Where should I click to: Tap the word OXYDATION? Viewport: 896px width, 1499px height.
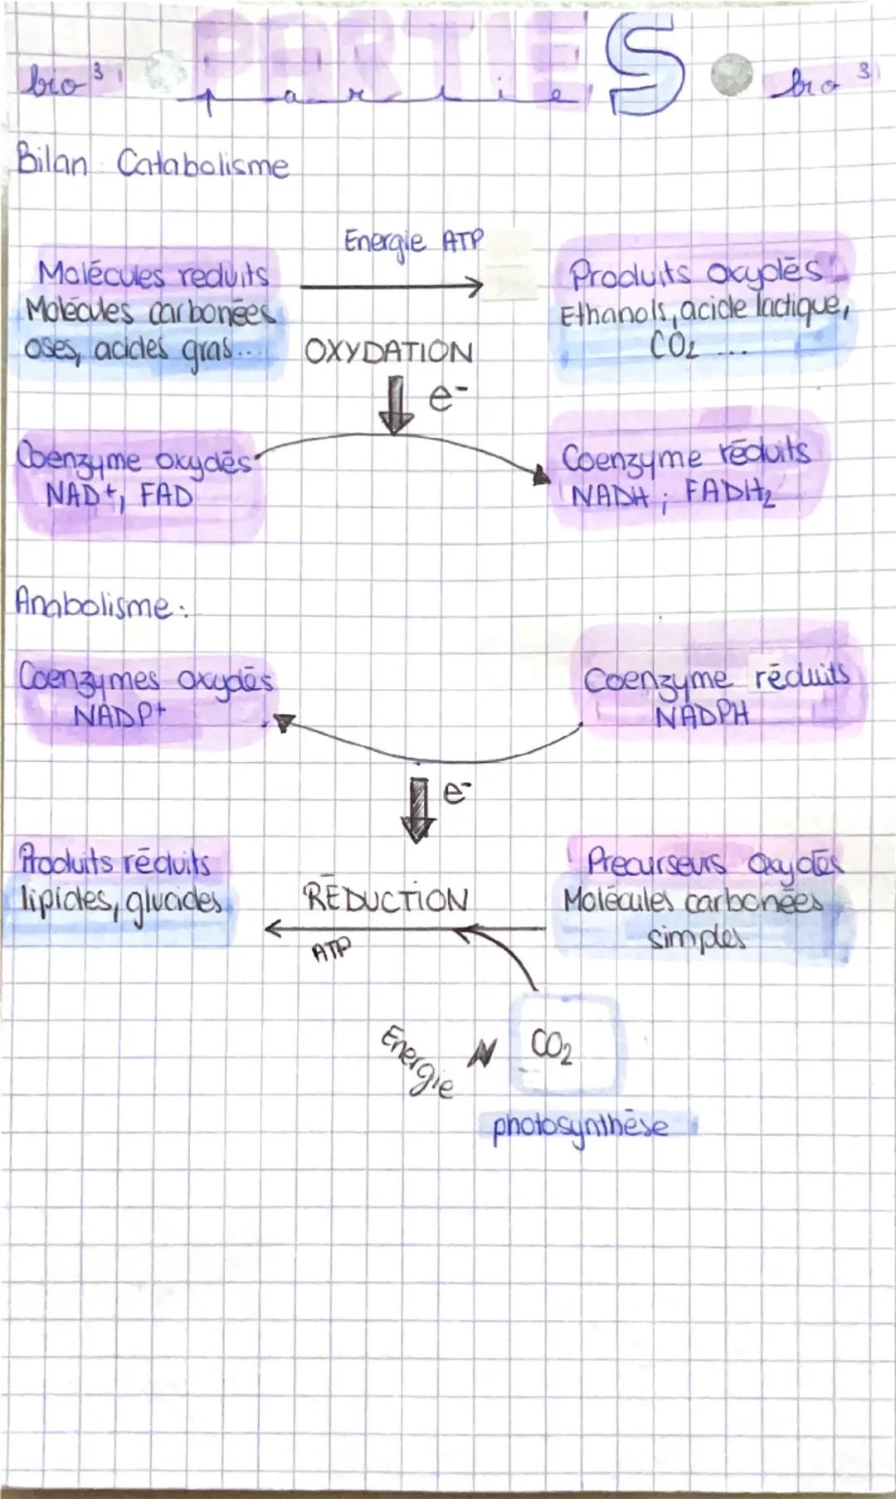(388, 352)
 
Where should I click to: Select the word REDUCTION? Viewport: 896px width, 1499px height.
(386, 899)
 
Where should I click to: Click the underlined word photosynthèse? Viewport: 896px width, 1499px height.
(581, 1128)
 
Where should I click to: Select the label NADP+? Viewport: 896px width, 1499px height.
(119, 716)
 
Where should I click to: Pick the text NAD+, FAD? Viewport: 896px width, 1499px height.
(119, 496)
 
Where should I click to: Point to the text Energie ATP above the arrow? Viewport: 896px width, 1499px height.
(412, 241)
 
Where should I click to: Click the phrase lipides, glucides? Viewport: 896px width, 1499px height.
(121, 900)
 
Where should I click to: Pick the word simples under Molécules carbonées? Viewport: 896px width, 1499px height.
(698, 939)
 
